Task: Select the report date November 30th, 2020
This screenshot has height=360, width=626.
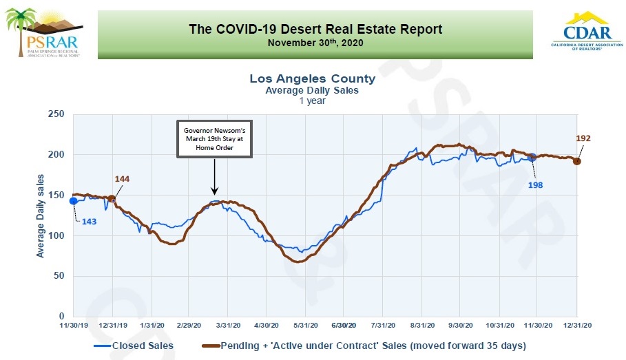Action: [x=315, y=43]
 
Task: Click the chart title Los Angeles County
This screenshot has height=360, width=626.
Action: [x=313, y=79]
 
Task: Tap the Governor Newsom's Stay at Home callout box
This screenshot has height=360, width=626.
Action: [x=213, y=140]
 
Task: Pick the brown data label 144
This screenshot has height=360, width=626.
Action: [x=123, y=179]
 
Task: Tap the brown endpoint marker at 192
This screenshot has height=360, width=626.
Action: [x=577, y=161]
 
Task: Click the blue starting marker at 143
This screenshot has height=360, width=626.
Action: [x=74, y=201]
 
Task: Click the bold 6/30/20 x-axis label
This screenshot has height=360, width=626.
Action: [x=343, y=325]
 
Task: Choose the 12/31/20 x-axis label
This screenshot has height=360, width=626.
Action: [x=575, y=325]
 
